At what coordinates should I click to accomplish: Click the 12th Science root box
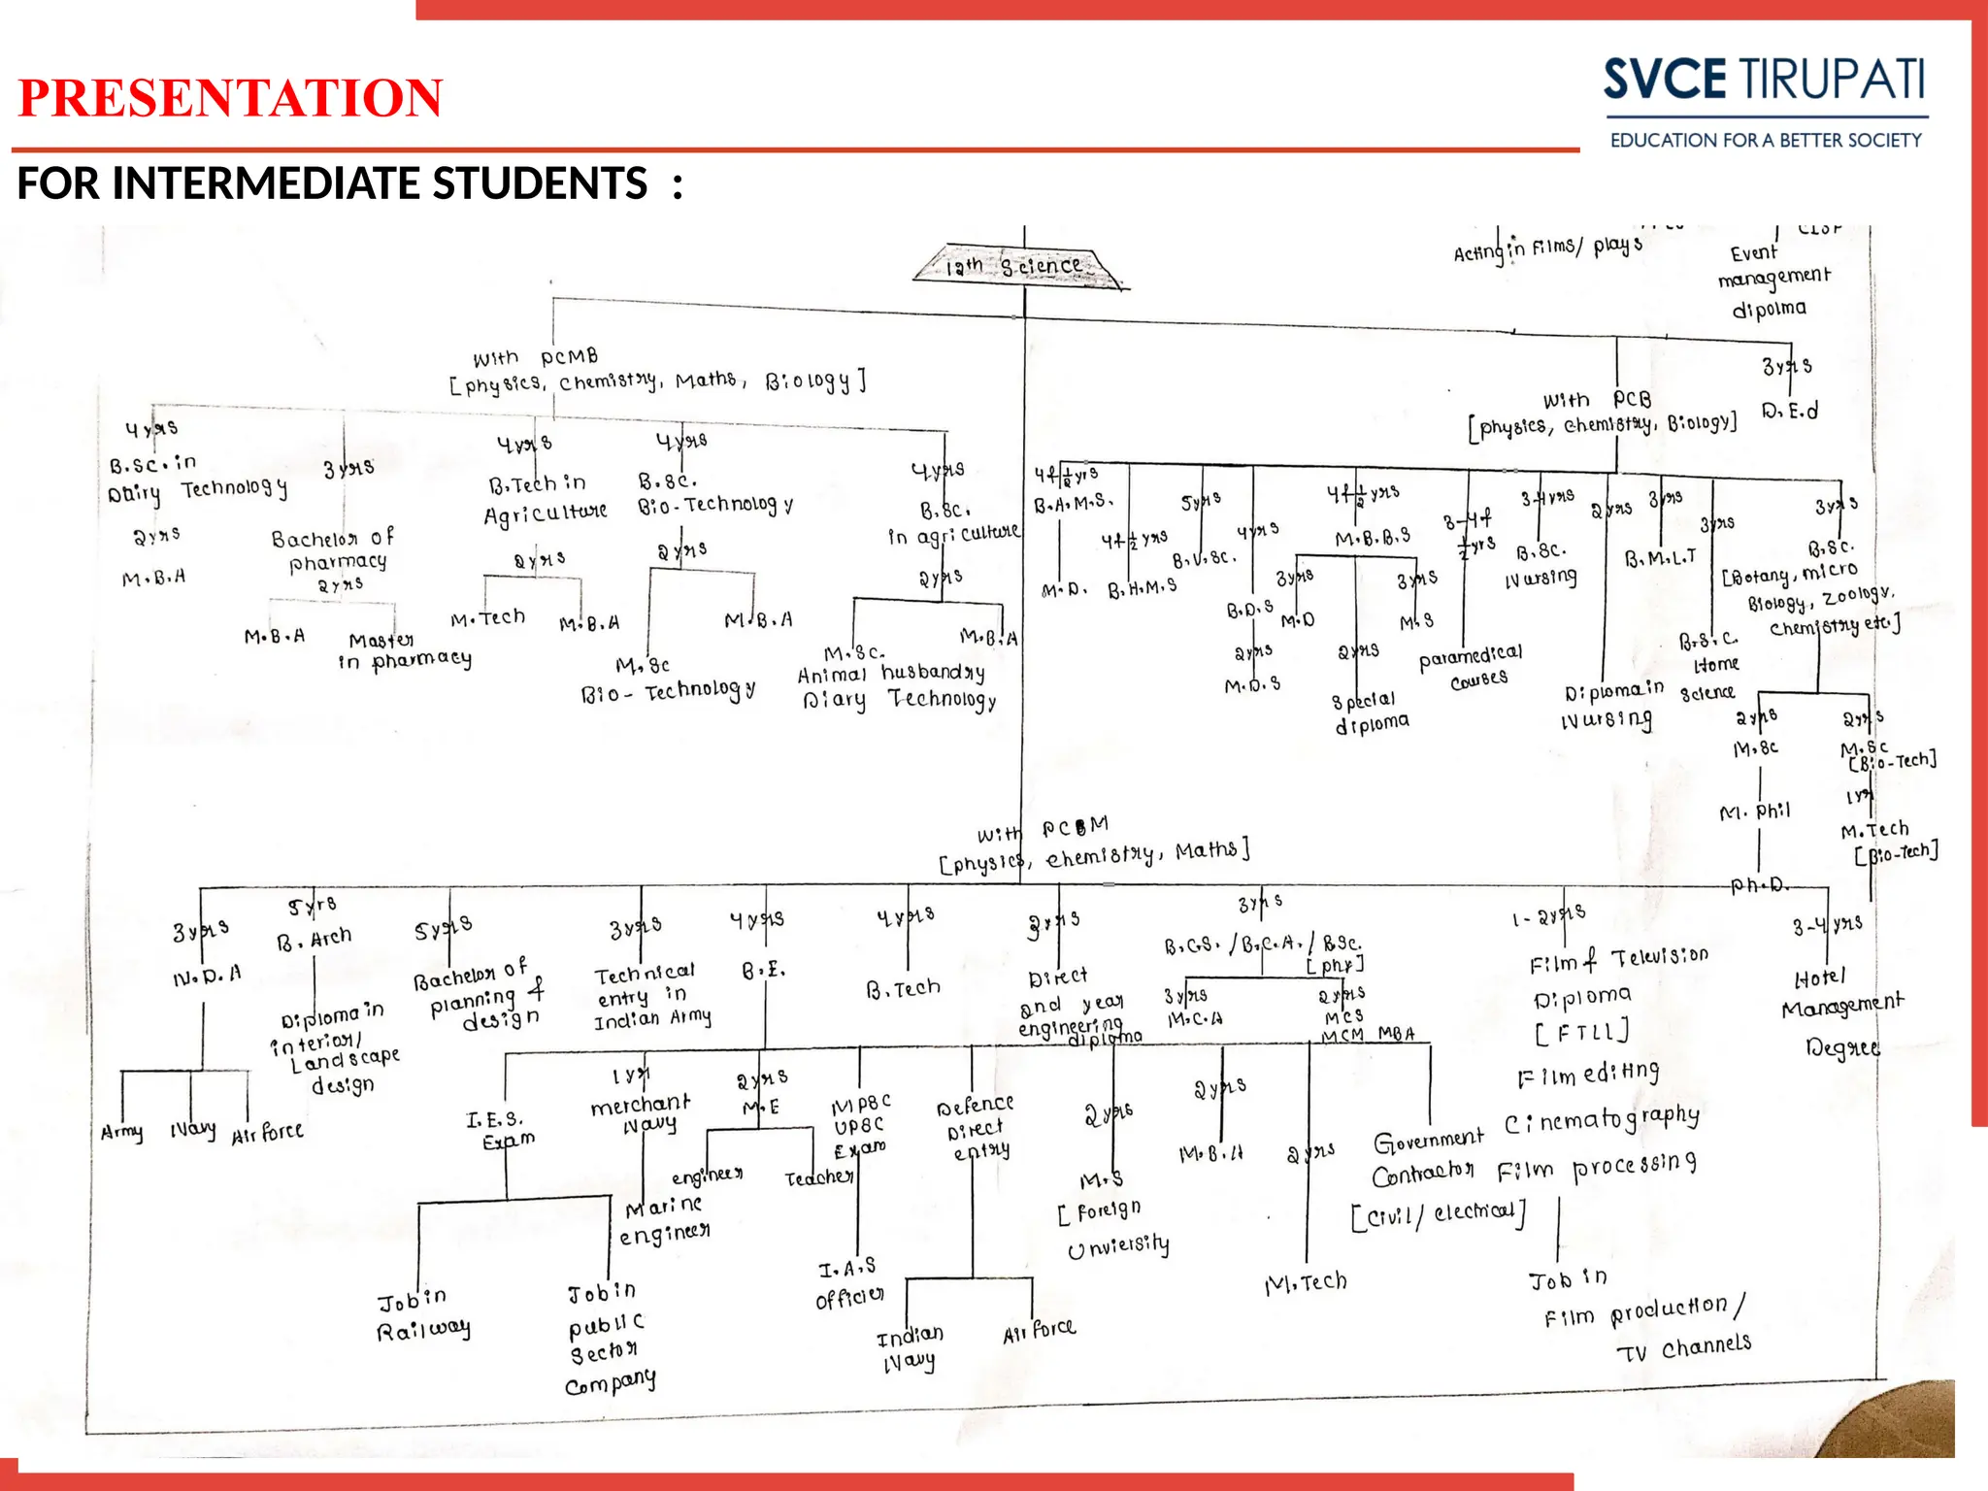click(1019, 265)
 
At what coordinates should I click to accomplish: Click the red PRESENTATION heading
click(230, 98)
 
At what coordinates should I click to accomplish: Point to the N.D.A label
click(207, 975)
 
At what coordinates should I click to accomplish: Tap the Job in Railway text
click(422, 1313)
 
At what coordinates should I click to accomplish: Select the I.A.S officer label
click(849, 1283)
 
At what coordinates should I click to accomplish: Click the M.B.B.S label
click(1373, 538)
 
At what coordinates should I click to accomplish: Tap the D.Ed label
click(1789, 411)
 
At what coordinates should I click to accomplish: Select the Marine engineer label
click(665, 1220)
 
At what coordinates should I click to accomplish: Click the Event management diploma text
click(1772, 281)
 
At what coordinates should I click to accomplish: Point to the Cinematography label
click(1602, 1120)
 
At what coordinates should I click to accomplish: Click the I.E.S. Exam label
click(500, 1130)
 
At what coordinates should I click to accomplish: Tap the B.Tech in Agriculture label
click(545, 499)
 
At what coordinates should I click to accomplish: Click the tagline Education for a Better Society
click(1765, 141)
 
